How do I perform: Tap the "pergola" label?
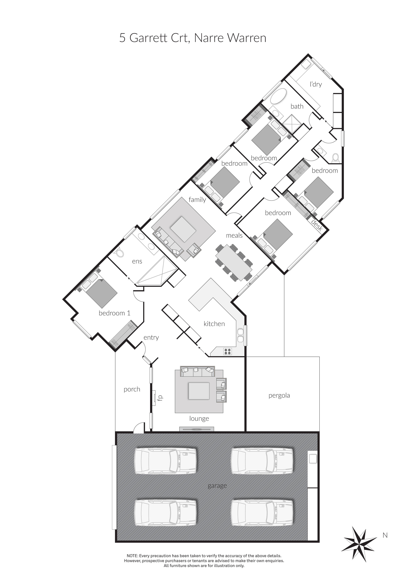coord(279,396)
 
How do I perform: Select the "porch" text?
coord(132,389)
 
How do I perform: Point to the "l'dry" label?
coord(316,84)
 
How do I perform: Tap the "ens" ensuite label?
coord(137,261)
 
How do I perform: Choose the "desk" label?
coord(317,225)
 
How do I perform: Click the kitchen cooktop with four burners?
coord(228,351)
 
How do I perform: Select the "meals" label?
coord(234,236)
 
